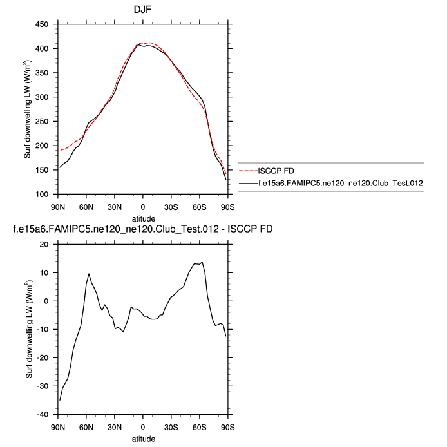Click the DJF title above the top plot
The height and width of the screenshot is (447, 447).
click(x=142, y=10)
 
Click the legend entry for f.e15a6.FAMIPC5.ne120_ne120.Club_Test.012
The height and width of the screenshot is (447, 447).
click(x=339, y=183)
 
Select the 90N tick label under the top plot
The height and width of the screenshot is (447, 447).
click(x=58, y=206)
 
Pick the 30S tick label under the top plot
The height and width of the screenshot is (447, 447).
click(x=171, y=206)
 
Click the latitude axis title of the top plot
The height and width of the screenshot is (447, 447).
click(x=142, y=218)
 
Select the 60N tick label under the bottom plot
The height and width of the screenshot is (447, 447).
click(x=86, y=427)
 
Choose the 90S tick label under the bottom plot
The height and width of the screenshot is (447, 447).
click(x=227, y=427)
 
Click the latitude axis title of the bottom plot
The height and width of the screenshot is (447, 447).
click(x=142, y=439)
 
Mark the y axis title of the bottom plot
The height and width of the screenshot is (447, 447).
click(x=30, y=329)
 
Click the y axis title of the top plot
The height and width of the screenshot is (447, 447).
click(x=30, y=109)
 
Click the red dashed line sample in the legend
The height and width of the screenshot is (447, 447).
click(x=248, y=171)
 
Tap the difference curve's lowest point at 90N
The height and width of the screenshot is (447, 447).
click(x=59, y=400)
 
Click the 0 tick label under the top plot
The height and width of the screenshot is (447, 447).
click(x=142, y=206)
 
